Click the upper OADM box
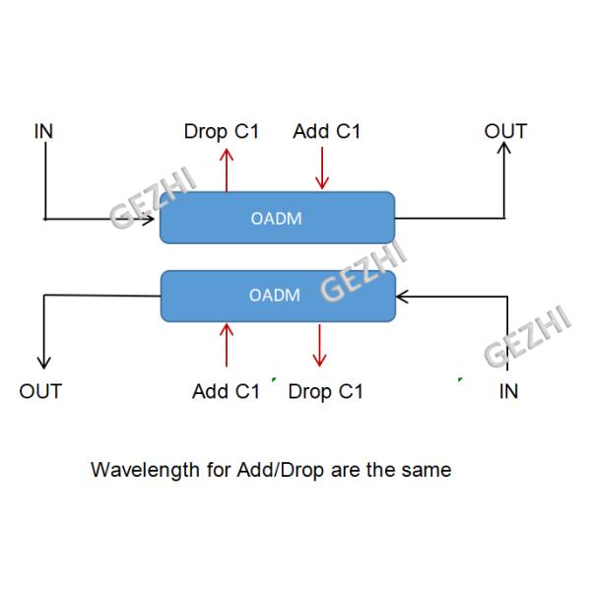click(x=277, y=218)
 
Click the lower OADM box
click(x=277, y=295)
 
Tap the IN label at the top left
click(x=43, y=131)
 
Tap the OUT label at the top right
click(x=505, y=131)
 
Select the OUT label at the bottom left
click(x=40, y=391)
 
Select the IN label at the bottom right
click(x=508, y=391)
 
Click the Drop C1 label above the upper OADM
click(x=222, y=131)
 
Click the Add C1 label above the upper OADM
click(x=327, y=131)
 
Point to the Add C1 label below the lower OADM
click(x=226, y=391)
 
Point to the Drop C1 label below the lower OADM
click(x=326, y=391)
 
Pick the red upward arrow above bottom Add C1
click(x=227, y=344)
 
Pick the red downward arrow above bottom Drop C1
click(x=319, y=346)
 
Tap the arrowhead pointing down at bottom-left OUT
click(x=42, y=361)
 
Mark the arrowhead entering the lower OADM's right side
click(x=402, y=295)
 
